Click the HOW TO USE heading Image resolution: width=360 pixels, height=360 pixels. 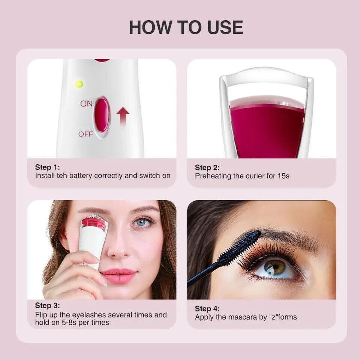click(x=186, y=27)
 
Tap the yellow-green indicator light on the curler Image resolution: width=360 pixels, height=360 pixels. click(x=79, y=84)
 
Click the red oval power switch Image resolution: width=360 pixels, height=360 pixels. click(x=102, y=115)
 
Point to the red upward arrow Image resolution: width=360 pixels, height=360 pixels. click(x=123, y=116)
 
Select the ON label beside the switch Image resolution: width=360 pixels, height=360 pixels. click(x=86, y=104)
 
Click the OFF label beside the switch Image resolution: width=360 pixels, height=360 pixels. click(x=85, y=134)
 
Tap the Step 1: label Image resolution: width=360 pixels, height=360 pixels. click(x=47, y=167)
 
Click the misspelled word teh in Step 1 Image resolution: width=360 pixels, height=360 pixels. click(x=62, y=175)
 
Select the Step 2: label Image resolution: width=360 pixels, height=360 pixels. click(x=207, y=167)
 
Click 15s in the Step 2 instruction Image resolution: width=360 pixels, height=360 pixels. click(x=283, y=176)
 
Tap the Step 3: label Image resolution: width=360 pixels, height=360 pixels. click(x=47, y=305)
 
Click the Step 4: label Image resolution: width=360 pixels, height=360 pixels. click(x=207, y=309)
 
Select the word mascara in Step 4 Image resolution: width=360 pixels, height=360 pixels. click(x=243, y=317)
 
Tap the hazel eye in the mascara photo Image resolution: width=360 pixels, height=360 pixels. click(x=275, y=268)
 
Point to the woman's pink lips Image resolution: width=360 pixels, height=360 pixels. click(x=119, y=276)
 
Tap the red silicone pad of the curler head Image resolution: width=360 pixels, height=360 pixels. click(x=268, y=129)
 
